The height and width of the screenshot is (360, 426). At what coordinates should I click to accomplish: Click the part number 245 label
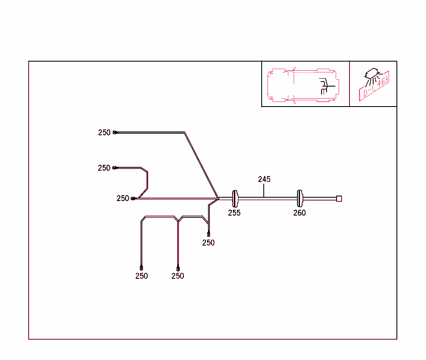click(264, 179)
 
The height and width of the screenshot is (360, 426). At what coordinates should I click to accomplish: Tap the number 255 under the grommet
click(234, 213)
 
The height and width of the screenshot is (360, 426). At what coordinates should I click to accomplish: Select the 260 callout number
click(300, 213)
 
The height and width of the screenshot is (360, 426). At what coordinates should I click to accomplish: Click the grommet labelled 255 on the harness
click(235, 198)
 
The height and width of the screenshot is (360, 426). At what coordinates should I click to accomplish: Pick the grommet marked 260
click(300, 198)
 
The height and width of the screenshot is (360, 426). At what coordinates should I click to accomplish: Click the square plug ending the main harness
click(339, 199)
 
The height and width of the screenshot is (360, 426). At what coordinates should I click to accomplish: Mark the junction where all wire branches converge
click(219, 199)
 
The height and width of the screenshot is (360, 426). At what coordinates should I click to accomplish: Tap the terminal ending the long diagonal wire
click(115, 132)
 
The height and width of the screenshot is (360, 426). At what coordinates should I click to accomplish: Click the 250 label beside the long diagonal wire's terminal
click(104, 133)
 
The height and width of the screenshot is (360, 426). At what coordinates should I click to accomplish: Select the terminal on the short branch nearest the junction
click(208, 234)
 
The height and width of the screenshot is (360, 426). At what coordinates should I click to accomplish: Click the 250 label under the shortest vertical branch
click(208, 243)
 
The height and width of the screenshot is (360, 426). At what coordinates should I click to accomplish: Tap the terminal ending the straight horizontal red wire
click(134, 199)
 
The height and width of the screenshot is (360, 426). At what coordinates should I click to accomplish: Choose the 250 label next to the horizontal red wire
click(123, 199)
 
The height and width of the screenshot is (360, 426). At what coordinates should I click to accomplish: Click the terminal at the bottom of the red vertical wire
click(178, 268)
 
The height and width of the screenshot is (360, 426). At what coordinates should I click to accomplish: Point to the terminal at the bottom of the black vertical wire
click(141, 268)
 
